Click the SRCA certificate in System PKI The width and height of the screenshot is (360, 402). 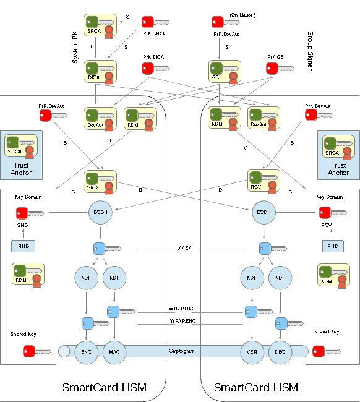point(100,26)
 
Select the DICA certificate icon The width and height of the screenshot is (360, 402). point(100,70)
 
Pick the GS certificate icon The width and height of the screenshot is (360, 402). point(223,70)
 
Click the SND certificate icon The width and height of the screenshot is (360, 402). point(100,181)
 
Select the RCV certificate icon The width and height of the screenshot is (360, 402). point(264,181)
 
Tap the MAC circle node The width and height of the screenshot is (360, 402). point(114,351)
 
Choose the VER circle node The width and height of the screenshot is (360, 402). point(251,351)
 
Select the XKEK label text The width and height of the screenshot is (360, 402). point(184,249)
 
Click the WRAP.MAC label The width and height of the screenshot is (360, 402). point(182,308)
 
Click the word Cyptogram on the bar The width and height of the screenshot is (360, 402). point(182,351)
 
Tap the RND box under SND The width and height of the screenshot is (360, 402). point(24,246)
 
